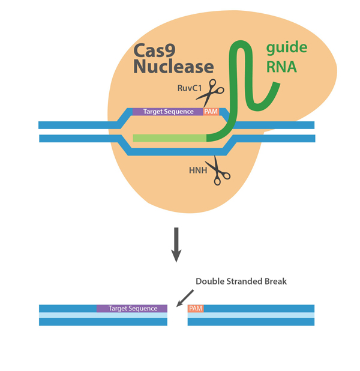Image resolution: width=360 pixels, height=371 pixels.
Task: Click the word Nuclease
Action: click(x=173, y=65)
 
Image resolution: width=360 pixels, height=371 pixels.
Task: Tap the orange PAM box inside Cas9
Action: click(x=211, y=111)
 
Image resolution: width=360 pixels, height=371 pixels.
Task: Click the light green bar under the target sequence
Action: click(x=169, y=138)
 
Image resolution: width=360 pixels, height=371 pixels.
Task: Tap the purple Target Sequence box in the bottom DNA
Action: click(x=131, y=308)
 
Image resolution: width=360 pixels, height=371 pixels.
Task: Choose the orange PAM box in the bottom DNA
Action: click(x=196, y=308)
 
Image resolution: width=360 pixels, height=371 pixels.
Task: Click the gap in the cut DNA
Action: click(x=177, y=315)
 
